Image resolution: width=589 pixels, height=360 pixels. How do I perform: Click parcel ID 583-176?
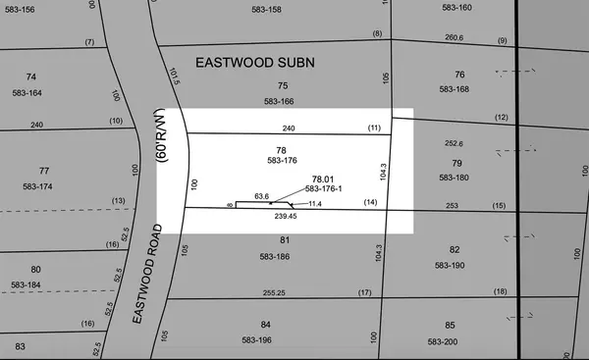pos(282,160)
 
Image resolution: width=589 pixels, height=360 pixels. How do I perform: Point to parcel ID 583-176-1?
pos(326,188)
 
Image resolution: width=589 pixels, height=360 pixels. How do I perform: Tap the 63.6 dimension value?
pos(261,196)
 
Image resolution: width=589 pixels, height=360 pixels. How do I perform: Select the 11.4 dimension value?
pos(315,203)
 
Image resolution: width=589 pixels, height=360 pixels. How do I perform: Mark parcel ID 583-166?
pos(279,101)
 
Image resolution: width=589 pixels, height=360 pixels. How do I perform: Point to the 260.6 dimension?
pos(454,38)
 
